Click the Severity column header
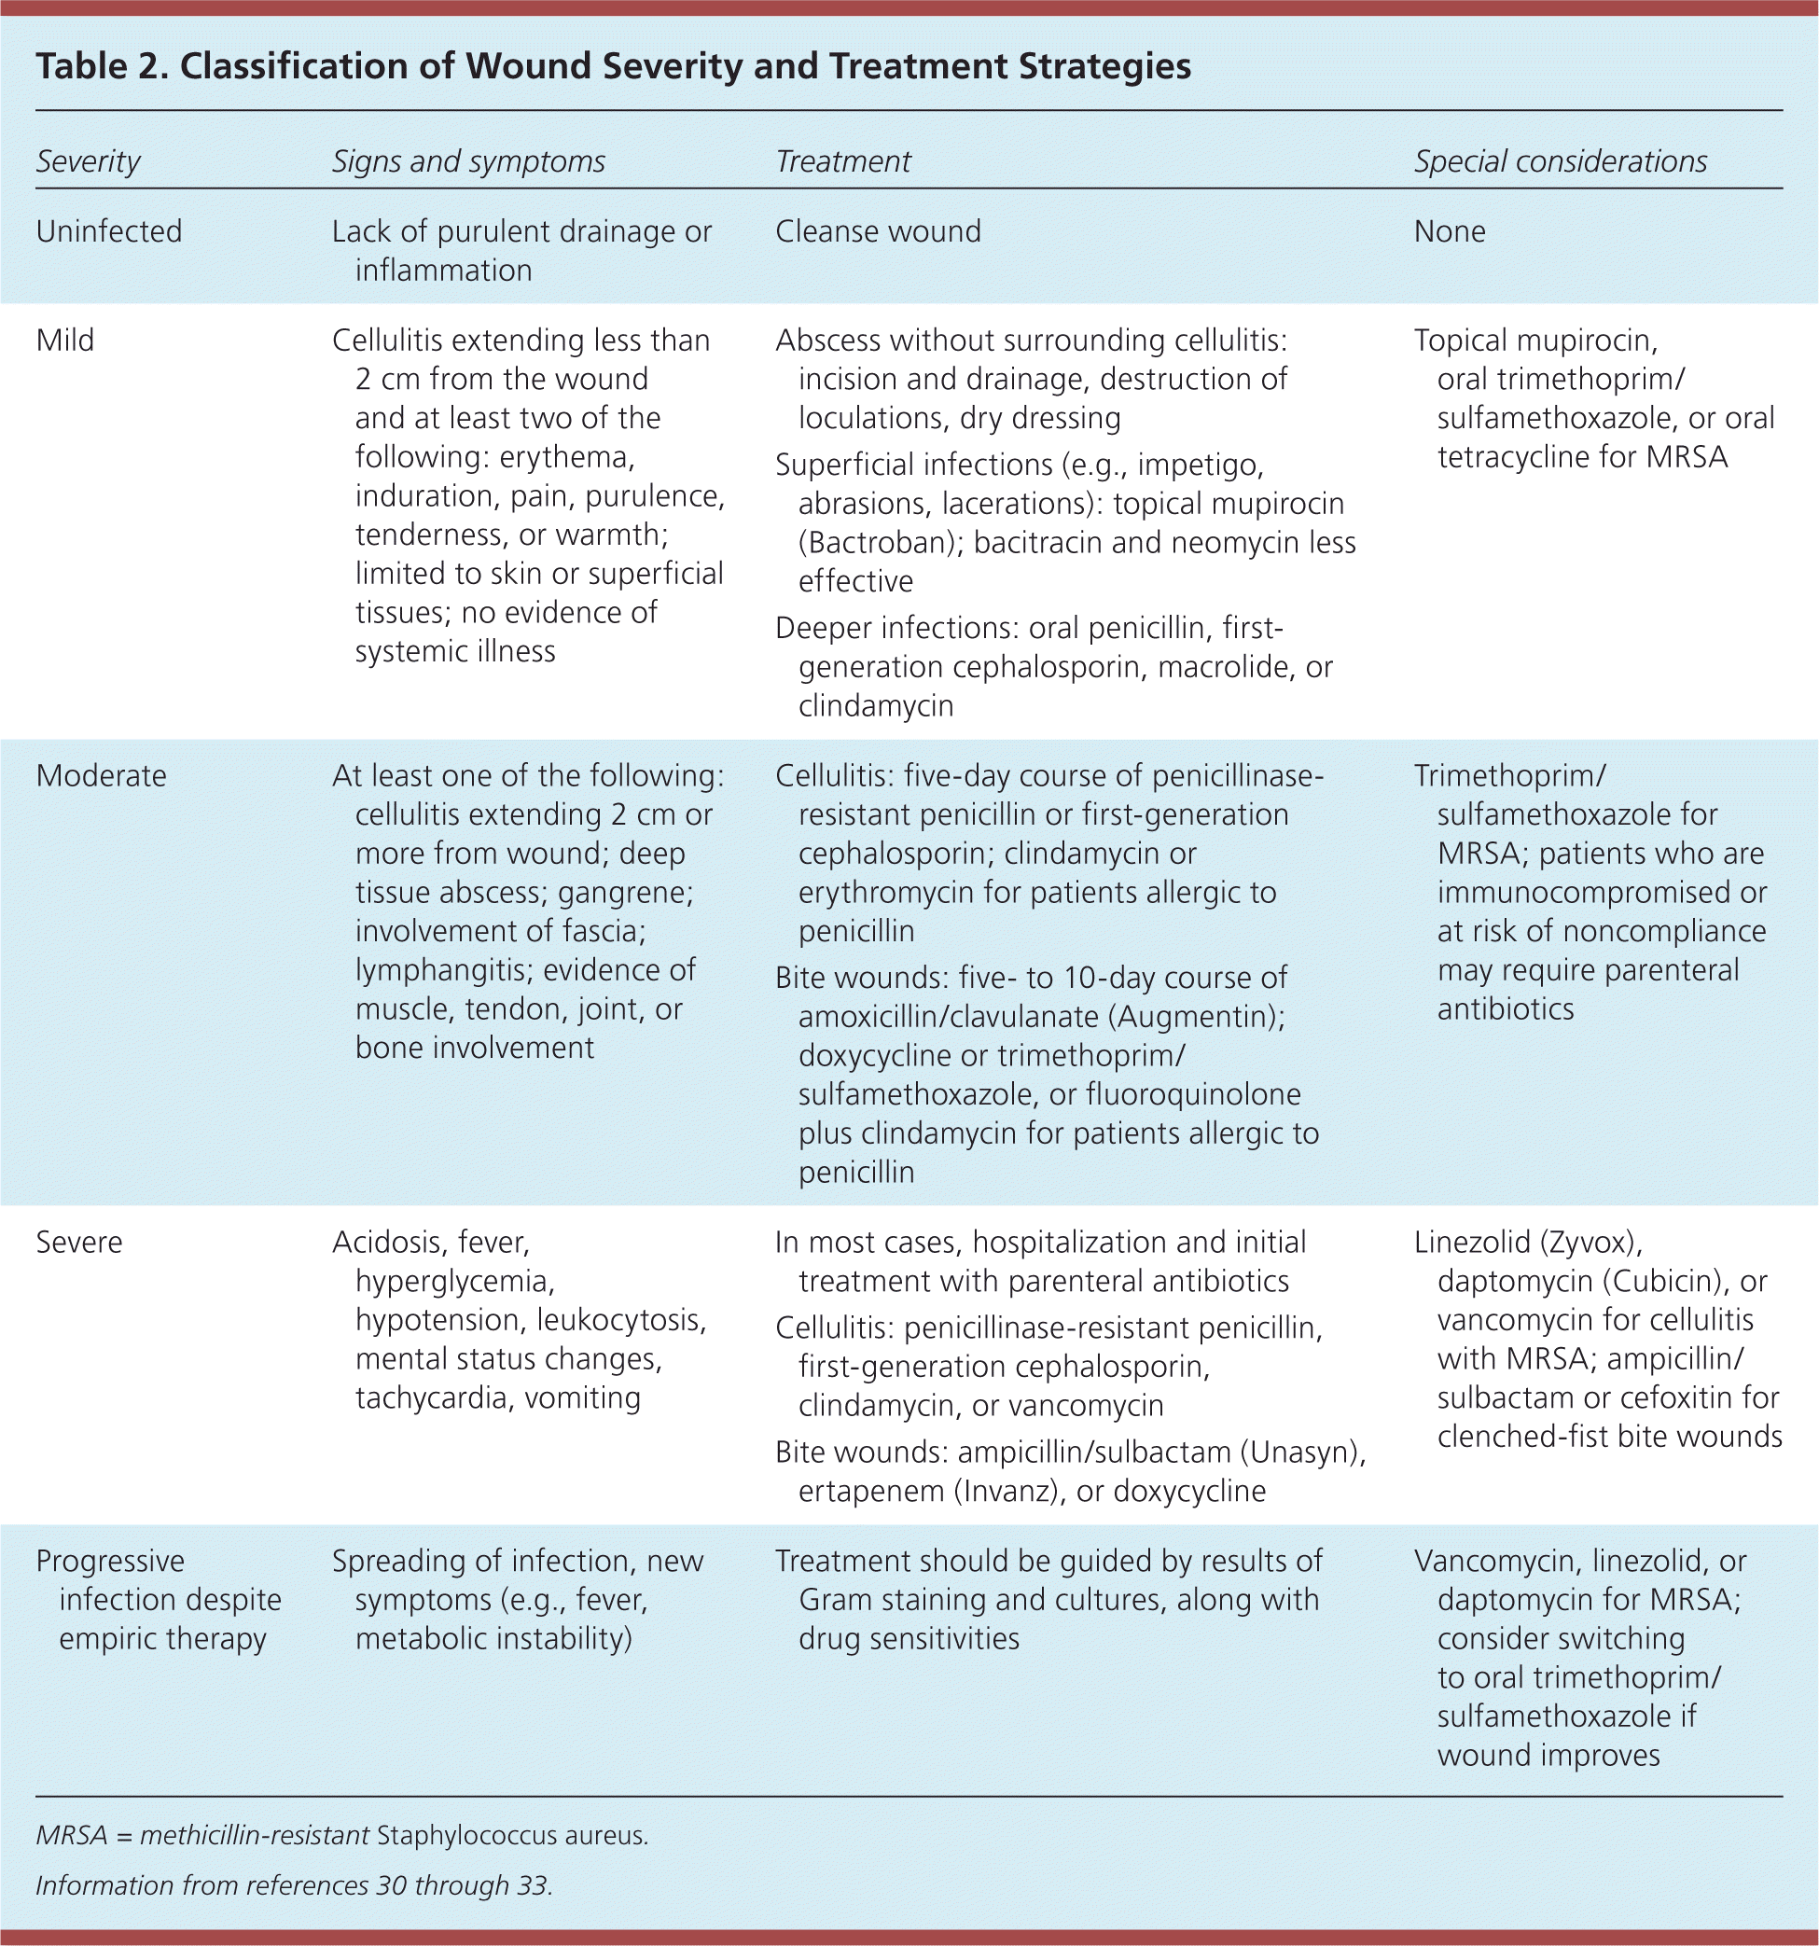[x=88, y=161]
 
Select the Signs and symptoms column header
[x=468, y=161]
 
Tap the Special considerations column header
[x=1561, y=161]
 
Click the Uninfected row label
[x=108, y=232]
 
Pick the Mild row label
[x=64, y=341]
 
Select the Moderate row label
[x=101, y=776]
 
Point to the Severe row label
[x=79, y=1244]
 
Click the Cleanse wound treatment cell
[x=877, y=232]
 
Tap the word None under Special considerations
[x=1449, y=232]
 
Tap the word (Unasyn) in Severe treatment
[x=1302, y=1453]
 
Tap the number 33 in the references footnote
[x=532, y=1885]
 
